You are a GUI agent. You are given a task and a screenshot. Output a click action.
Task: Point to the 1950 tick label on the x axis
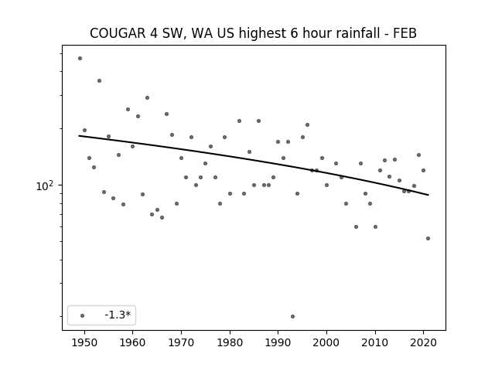(x=84, y=342)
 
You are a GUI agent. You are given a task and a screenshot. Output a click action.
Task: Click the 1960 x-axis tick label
(x=132, y=342)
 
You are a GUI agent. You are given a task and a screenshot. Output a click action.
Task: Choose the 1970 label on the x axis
(x=181, y=342)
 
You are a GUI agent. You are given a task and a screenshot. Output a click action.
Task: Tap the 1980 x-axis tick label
(x=230, y=342)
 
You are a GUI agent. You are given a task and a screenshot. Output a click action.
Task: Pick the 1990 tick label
(x=278, y=342)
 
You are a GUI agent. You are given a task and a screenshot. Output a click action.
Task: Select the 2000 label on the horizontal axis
(x=326, y=342)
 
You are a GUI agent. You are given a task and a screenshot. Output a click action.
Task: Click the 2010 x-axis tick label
(x=375, y=342)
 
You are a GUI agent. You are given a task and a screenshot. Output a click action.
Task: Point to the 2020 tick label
(x=424, y=342)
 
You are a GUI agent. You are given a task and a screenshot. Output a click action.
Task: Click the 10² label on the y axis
(x=45, y=185)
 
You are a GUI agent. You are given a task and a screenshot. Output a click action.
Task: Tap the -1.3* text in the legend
(x=118, y=315)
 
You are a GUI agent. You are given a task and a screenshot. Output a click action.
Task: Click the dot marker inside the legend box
(x=83, y=315)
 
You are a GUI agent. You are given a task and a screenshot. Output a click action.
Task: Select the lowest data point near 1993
(x=292, y=316)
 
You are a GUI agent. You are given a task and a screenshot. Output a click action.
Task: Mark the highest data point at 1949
(x=80, y=59)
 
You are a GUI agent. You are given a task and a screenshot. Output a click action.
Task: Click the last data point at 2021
(x=428, y=239)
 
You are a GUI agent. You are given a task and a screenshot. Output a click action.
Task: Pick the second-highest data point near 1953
(x=99, y=80)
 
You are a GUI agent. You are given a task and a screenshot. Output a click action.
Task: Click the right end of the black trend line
(x=428, y=195)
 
